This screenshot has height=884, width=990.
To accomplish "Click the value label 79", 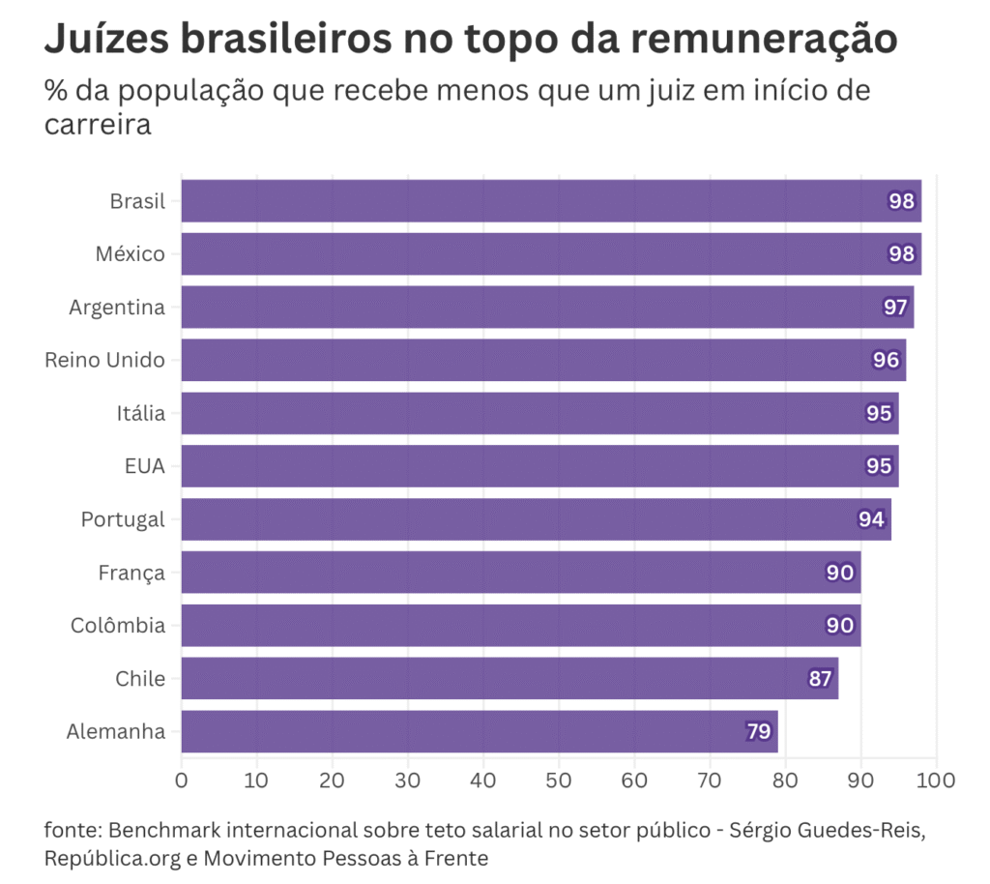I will pos(758,731).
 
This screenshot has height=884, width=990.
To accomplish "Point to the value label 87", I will pos(820,678).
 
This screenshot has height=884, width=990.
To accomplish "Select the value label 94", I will pos(871,519).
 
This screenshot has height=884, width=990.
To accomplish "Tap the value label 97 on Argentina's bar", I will pos(895,308).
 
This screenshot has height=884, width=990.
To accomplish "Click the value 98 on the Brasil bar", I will pos(902,201).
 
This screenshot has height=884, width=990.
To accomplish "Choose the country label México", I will pos(130,254).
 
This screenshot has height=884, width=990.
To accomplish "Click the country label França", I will pos(131,573).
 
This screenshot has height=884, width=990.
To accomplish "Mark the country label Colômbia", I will pos(118,626).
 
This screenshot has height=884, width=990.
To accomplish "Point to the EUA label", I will pos(145,466).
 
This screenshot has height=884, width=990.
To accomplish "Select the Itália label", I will pos(140,413).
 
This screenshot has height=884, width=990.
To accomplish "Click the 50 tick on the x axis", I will pos(559,780).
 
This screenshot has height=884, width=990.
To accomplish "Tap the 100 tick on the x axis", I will pos(935,780).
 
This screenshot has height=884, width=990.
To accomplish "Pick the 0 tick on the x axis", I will pos(181,780).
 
